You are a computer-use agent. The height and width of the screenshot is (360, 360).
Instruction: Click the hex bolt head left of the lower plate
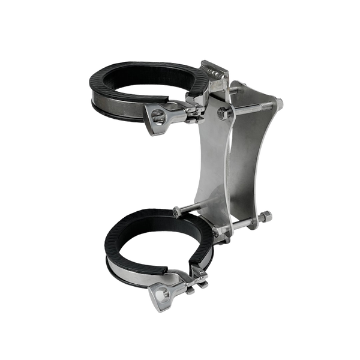click(x=177, y=211)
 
